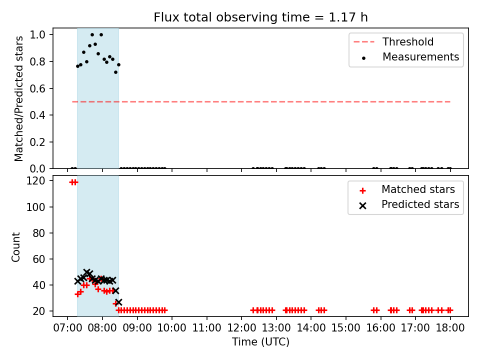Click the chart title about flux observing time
coord(260,17)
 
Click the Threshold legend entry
coord(393,41)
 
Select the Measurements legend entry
coord(410,57)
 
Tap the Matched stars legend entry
coord(407,189)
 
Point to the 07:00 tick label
coord(67,328)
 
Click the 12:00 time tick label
coord(241,328)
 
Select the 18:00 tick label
coord(450,328)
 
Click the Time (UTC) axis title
coord(260,341)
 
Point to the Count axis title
coord(15,246)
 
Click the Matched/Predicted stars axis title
coord(18,98)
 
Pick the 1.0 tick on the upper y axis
coord(37,34)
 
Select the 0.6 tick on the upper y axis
coord(37,88)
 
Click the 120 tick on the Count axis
coord(35,180)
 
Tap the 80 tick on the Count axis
coord(39,233)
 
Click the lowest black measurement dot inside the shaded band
coord(115,72)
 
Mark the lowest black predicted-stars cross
coord(118,302)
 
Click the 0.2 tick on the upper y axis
coord(37,142)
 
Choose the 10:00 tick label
coord(172,328)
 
